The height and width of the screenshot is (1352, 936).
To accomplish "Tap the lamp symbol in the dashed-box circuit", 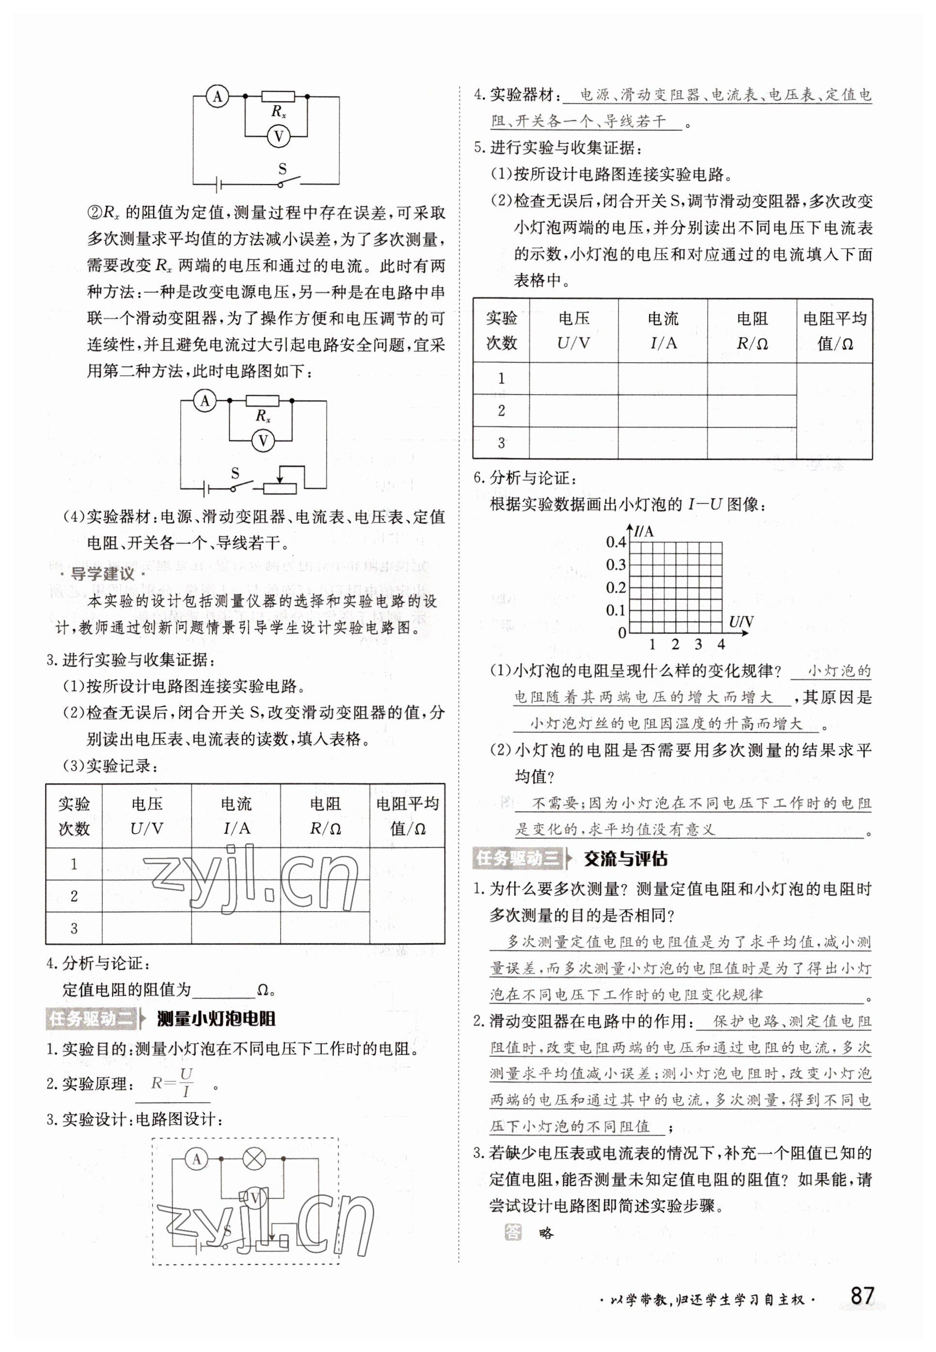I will (x=254, y=1159).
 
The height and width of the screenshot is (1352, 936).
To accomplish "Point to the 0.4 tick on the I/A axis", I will (x=616, y=543).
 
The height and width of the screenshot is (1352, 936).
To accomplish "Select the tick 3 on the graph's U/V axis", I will (x=698, y=644).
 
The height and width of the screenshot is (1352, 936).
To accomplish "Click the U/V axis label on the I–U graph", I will (x=741, y=622).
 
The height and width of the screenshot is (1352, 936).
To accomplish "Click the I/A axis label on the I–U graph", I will (x=643, y=531).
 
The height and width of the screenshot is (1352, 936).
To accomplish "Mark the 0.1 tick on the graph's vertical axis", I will (x=616, y=611).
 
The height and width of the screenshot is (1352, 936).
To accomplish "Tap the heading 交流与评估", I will (x=625, y=859).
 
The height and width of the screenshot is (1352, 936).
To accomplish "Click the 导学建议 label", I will (x=103, y=574).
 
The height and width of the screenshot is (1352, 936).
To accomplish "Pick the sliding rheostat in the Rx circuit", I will (x=280, y=487).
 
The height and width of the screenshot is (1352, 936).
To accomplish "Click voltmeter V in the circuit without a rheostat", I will (x=279, y=137).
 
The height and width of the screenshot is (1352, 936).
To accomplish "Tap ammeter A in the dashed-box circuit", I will (x=196, y=1159).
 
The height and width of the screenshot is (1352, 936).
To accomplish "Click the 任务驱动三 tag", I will (x=518, y=859).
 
